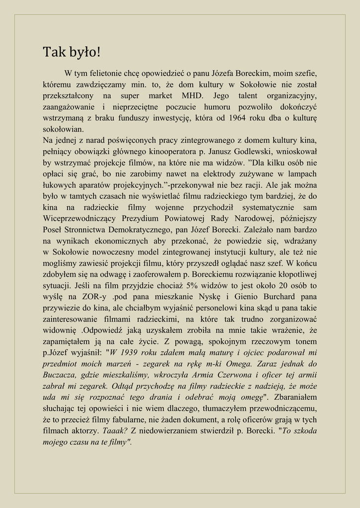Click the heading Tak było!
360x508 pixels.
[72, 52]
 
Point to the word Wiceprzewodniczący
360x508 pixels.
[79, 218]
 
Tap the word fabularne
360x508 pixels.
[118, 420]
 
